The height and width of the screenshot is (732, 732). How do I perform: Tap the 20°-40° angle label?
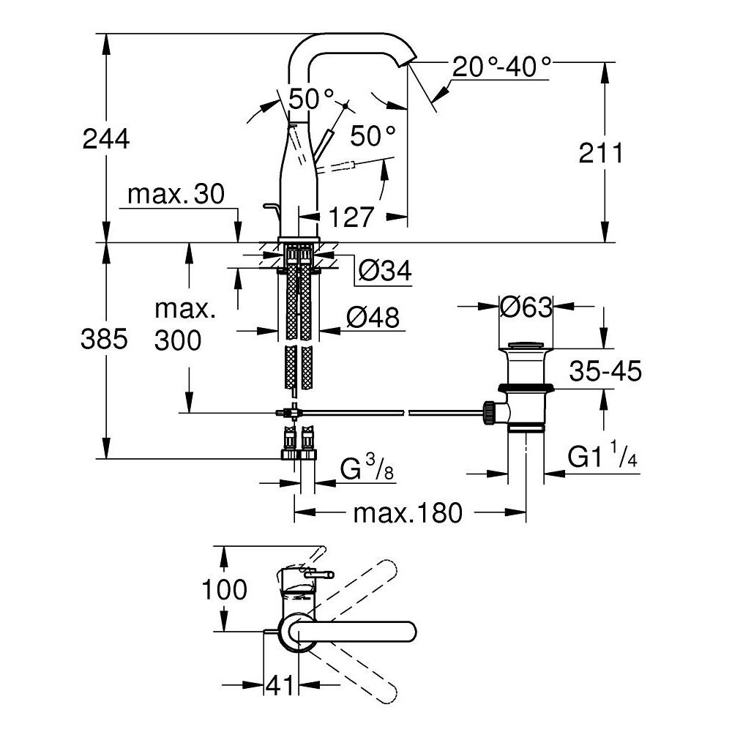coord(501,67)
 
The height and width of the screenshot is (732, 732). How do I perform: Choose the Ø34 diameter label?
coord(385,272)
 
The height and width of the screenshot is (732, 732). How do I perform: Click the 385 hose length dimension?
coord(107,338)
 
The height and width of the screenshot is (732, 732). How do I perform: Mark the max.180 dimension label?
coord(408,514)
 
